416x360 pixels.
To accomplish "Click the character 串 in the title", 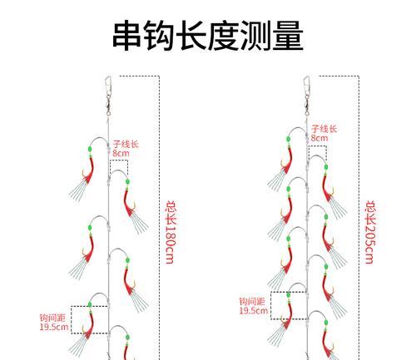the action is (x=127, y=35).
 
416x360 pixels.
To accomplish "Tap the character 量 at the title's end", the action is (x=288, y=35).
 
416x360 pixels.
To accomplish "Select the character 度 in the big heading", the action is (x=224, y=35).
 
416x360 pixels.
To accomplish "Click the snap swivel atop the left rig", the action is (x=108, y=96).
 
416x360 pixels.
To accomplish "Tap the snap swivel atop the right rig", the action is (x=307, y=96).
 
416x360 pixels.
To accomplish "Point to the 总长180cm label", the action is (x=171, y=232).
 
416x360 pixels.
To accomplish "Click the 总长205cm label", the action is (x=370, y=232).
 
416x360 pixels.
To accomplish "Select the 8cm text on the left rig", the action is (x=121, y=153).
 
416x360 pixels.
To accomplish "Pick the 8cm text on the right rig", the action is (x=319, y=138).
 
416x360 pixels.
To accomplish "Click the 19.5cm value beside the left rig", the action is (x=54, y=327).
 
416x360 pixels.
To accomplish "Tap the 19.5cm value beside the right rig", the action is (x=254, y=311).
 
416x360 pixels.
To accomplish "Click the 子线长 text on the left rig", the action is (x=126, y=145).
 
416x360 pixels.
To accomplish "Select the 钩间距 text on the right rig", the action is (x=252, y=302).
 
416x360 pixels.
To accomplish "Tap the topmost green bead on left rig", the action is (x=90, y=150).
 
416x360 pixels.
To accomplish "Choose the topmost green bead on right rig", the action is (x=289, y=139).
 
